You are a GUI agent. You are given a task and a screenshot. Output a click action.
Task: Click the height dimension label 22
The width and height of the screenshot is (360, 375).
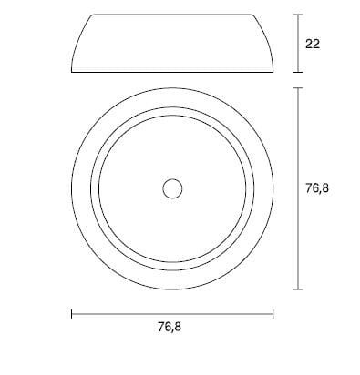tap(314, 43)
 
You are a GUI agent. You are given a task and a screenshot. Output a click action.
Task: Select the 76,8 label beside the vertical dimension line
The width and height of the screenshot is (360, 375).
tap(317, 188)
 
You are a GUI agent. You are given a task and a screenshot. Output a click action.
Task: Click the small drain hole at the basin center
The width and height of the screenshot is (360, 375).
tap(172, 188)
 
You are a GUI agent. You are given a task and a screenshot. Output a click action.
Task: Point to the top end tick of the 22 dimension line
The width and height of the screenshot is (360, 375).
tap(298, 15)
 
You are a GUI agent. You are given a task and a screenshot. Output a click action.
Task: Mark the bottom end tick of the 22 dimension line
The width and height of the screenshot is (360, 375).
tap(298, 71)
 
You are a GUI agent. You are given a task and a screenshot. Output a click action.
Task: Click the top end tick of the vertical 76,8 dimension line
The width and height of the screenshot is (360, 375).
tap(298, 87)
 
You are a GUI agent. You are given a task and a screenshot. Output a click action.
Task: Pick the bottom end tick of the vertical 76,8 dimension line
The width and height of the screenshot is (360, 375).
tap(298, 289)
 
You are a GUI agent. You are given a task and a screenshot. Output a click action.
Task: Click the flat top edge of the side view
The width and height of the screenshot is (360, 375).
tap(172, 15)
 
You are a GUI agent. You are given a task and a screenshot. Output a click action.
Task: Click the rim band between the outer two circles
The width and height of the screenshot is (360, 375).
tap(172, 97)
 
